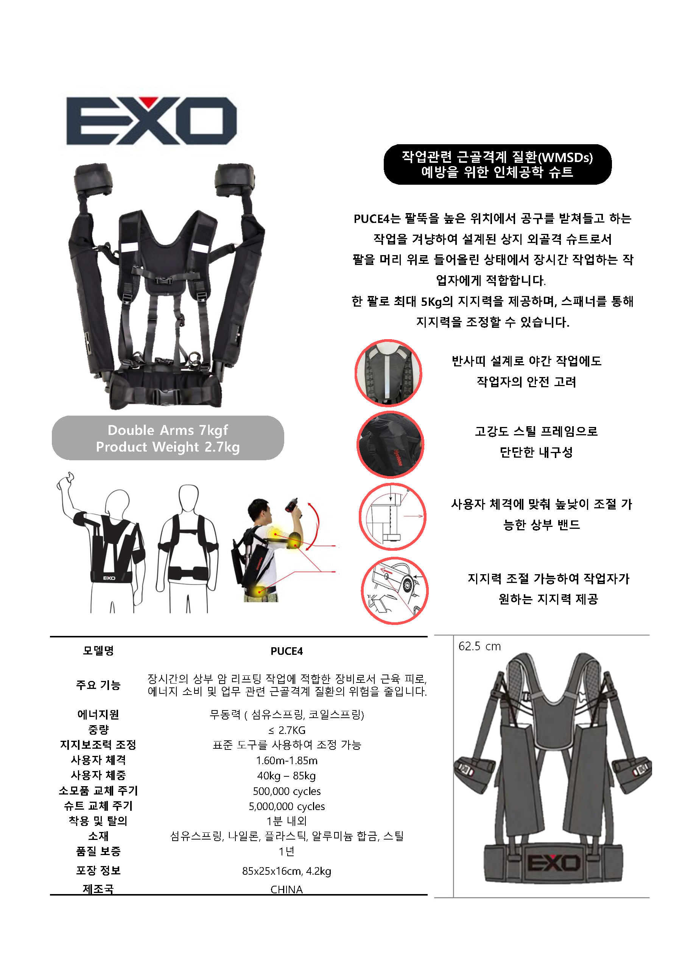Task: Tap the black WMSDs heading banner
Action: pos(497,164)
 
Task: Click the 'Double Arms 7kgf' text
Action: pos(168,430)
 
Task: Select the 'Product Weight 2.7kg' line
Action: pos(168,447)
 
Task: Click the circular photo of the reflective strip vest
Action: pos(388,373)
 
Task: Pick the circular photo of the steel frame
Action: pos(391,444)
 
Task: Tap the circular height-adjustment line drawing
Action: pos(392,517)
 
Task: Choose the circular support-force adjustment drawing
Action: pos(395,590)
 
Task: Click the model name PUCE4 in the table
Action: pos(286,651)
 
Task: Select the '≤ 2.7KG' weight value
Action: pos(286,730)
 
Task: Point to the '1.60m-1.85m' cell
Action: pos(286,760)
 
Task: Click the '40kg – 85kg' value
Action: pos(286,776)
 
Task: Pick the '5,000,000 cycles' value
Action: pos(286,807)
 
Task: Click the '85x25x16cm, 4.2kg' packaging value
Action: pos(286,871)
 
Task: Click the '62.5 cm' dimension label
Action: pos(479,646)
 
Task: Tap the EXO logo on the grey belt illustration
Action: pos(553,863)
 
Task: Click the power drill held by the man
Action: pos(294,508)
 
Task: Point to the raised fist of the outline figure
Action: pos(66,480)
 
